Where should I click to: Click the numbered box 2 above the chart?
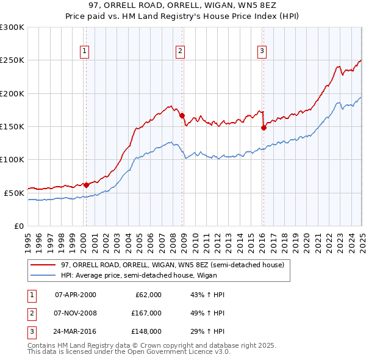(181, 51)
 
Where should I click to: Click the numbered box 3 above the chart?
(261, 51)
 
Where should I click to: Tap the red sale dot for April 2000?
(86, 185)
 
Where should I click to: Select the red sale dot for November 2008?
(182, 115)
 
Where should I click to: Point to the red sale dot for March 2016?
(264, 128)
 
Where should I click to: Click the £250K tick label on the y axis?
(12, 60)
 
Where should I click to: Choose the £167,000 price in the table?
(147, 313)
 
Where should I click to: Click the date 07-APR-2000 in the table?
(76, 295)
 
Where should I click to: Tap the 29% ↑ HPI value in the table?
(204, 331)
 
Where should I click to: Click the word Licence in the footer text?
(199, 352)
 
